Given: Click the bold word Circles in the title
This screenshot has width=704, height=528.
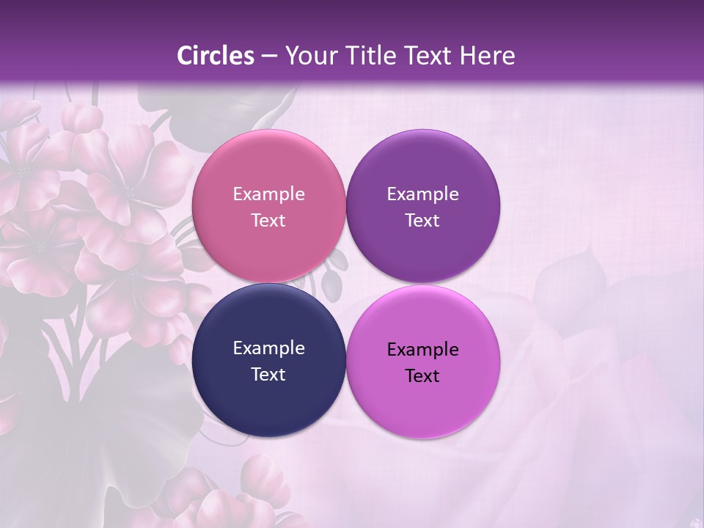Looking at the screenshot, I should (x=216, y=56).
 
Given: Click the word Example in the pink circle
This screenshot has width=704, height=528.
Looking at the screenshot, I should (x=268, y=194).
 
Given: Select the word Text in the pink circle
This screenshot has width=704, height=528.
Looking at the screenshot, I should (x=268, y=221).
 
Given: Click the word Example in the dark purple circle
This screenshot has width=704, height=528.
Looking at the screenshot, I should (x=422, y=194).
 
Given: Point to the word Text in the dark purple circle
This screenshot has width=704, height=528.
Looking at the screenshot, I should (x=422, y=221).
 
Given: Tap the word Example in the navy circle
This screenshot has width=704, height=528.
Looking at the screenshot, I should (x=268, y=348).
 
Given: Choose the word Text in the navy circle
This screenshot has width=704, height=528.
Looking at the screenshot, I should (x=268, y=375).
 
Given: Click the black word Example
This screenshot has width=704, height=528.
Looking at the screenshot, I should (x=422, y=350).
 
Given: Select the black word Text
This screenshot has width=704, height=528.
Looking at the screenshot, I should (x=422, y=376).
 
